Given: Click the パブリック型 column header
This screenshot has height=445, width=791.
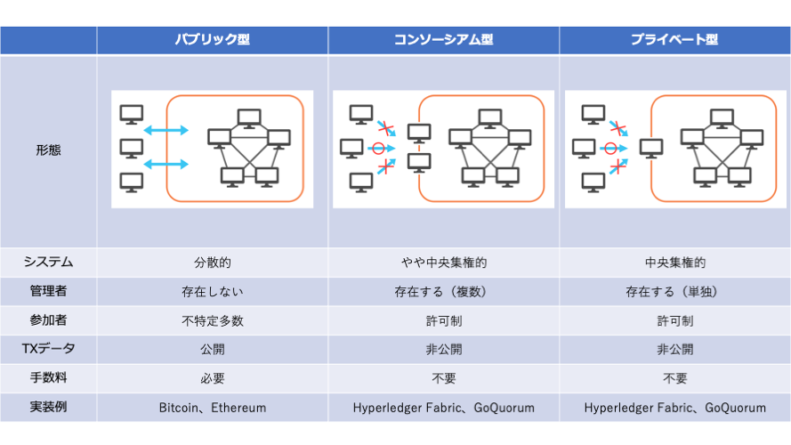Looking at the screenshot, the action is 213,39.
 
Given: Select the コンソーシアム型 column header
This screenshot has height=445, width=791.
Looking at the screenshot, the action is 443,39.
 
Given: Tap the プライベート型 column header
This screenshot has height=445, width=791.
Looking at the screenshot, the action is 674,39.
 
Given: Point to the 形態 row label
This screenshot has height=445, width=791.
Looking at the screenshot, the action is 48,150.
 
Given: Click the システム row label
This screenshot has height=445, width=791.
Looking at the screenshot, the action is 48,262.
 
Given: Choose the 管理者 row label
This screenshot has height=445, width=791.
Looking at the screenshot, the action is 48,291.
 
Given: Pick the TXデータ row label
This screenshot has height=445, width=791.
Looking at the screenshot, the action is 48,349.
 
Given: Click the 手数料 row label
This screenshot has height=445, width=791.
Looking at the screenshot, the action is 48,378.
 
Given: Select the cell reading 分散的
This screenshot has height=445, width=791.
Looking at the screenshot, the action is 213,263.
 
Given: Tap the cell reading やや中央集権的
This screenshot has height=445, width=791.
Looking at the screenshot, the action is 444,263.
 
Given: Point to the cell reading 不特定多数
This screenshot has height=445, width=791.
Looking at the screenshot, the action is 213,321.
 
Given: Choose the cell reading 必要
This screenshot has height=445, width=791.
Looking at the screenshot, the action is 213,378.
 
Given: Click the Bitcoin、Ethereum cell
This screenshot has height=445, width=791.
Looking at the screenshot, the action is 213,408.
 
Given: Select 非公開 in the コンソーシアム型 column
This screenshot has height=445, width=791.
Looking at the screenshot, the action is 444,349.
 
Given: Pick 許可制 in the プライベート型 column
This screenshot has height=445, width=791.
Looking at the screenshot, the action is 675,321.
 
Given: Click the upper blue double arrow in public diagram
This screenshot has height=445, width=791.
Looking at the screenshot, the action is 166,131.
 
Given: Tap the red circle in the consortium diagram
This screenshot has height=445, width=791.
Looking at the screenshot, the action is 378,149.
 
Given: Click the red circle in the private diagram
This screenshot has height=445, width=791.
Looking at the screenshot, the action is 610,149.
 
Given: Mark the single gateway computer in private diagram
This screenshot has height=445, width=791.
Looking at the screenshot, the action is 651,149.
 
